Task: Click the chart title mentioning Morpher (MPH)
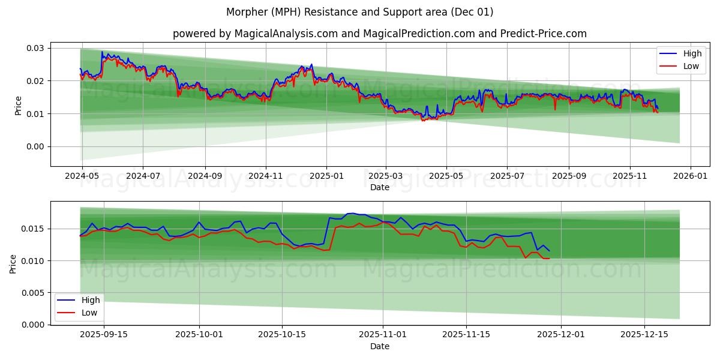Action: (360, 12)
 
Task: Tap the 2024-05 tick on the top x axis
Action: (82, 176)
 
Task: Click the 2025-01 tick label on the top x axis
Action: (326, 176)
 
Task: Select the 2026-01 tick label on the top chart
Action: (691, 176)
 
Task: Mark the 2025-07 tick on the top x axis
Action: (507, 176)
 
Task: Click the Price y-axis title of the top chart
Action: (18, 106)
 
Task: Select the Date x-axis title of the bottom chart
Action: (379, 346)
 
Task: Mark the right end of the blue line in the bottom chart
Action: (549, 250)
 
